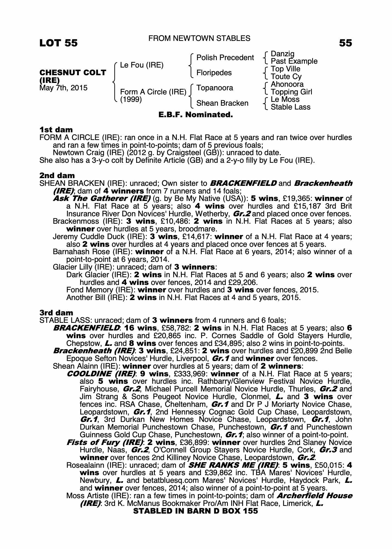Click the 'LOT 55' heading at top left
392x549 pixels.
click(x=58, y=43)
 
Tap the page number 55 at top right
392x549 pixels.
click(x=345, y=43)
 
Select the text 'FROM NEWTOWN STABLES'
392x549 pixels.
click(x=199, y=38)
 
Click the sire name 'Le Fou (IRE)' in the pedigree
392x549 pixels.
click(x=142, y=65)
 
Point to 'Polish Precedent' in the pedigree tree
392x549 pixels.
click(x=225, y=58)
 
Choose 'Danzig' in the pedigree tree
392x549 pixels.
click(x=282, y=54)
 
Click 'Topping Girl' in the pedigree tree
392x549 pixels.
click(x=291, y=92)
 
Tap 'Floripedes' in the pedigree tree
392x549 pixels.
click(x=214, y=73)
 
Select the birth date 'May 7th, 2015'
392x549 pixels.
click(x=63, y=88)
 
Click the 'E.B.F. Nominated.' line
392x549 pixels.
click(x=196, y=114)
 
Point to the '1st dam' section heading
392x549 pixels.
click(x=56, y=130)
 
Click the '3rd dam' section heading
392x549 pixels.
click(x=56, y=313)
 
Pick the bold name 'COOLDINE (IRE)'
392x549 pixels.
click(x=101, y=374)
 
